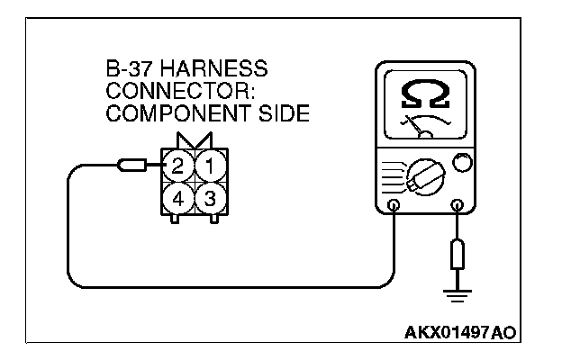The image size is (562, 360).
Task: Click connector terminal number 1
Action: coord(208,166)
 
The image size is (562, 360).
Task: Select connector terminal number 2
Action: coord(179,166)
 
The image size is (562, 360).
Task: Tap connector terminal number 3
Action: coord(208,198)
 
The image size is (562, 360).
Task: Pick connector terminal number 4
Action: coord(179,198)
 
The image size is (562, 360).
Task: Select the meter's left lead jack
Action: coord(394,206)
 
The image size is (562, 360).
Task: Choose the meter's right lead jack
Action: coord(460,206)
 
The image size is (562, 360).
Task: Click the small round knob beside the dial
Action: coord(461,164)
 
